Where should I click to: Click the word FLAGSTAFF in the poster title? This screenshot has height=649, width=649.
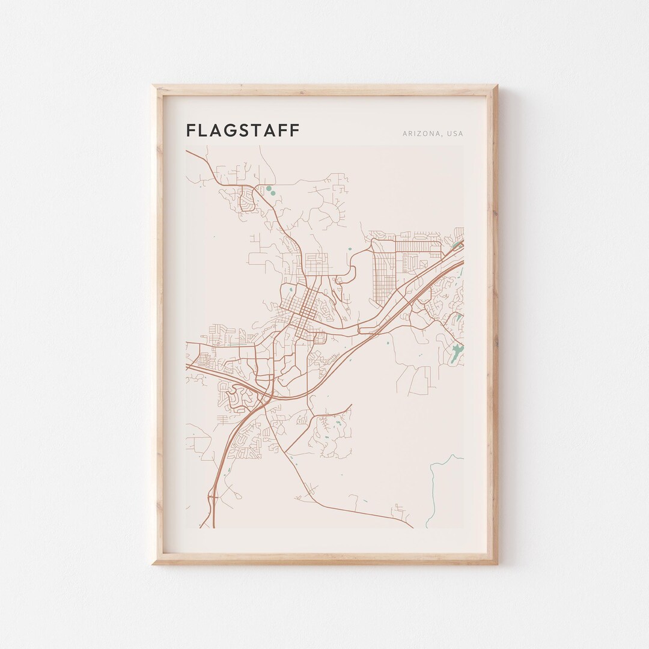click(242, 130)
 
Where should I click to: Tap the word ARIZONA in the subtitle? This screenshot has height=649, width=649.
click(421, 134)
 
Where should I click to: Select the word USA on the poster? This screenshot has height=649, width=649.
click(455, 134)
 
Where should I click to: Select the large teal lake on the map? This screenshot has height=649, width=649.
click(457, 353)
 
